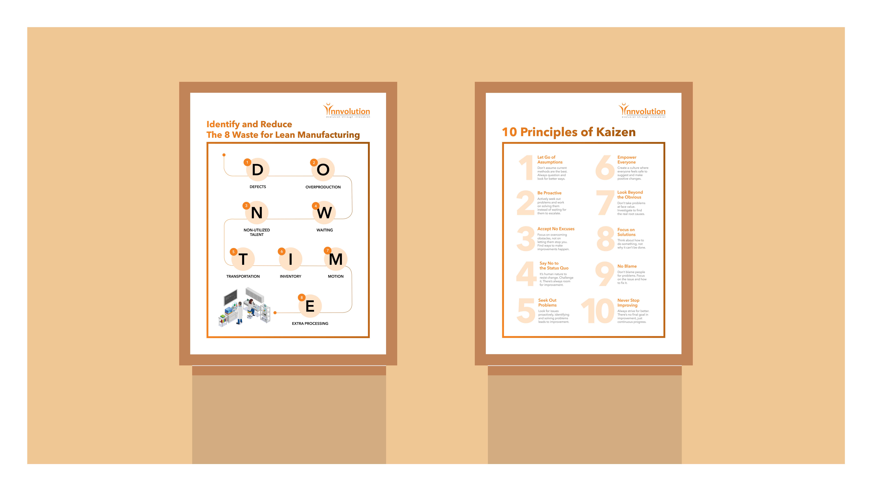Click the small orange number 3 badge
click(246, 206)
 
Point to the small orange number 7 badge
click(327, 250)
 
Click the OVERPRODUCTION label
click(323, 187)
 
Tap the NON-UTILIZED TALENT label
click(257, 232)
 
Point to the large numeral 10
click(597, 311)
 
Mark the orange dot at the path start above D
click(224, 155)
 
